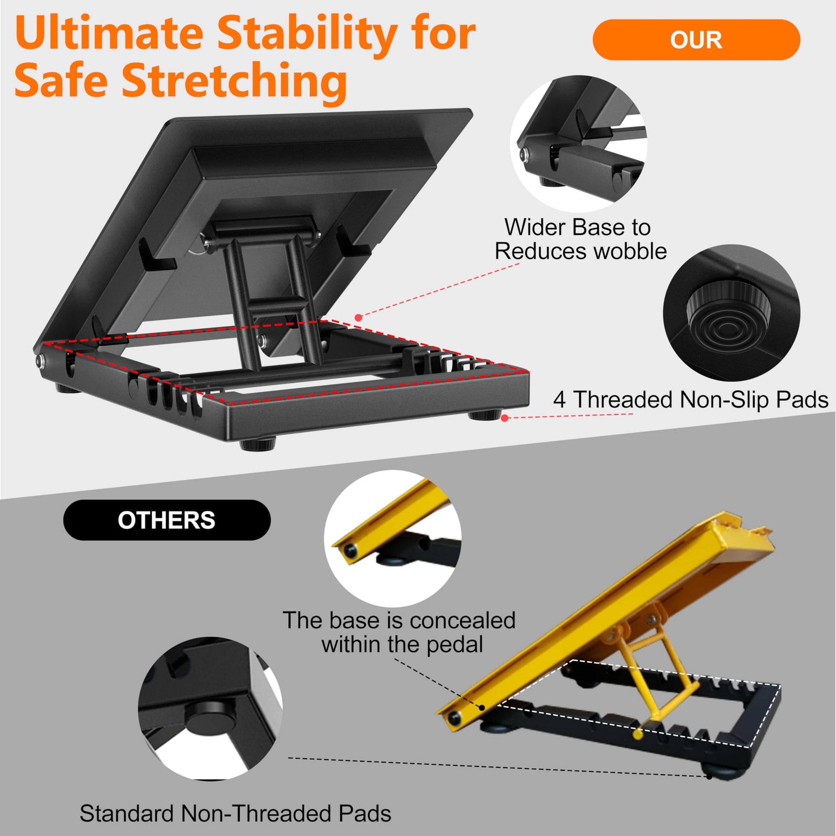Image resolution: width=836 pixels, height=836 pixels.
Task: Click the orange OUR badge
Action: [x=696, y=40]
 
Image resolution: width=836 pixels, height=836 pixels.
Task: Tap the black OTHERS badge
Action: [x=167, y=520]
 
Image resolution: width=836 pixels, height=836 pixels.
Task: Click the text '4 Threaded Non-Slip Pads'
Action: [x=691, y=399]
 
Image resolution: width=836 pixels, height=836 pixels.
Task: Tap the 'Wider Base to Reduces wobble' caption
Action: [x=580, y=239]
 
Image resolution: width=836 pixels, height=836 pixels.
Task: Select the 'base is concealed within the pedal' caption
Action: [x=399, y=632]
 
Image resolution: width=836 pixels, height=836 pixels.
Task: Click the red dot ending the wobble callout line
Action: [x=358, y=317]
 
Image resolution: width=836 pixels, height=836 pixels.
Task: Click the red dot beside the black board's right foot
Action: [x=504, y=418]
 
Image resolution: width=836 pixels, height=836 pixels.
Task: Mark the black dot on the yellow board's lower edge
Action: [x=482, y=708]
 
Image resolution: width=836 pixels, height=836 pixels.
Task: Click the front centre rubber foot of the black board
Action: [x=258, y=444]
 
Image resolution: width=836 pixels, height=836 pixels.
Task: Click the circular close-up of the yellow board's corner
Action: [x=393, y=539]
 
